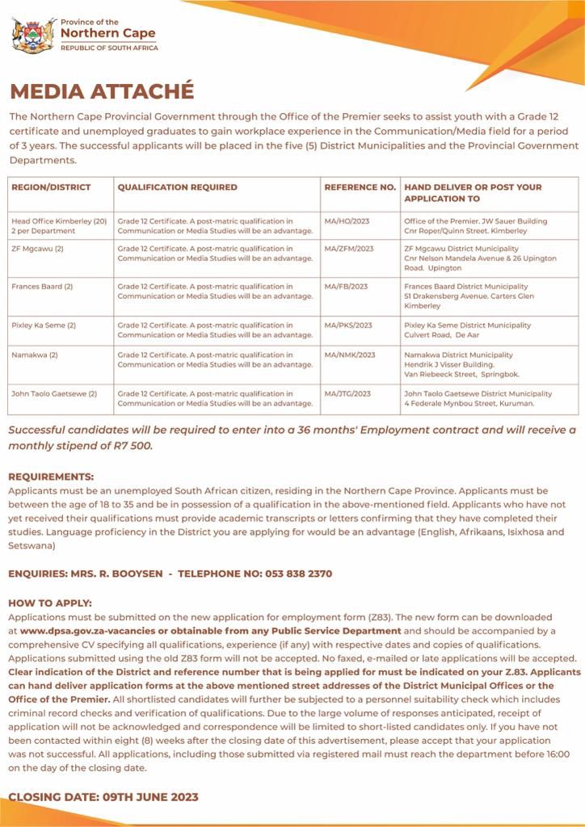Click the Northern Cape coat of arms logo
pos(34,35)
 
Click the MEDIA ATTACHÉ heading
pos(102,90)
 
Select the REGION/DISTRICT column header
pos(51,187)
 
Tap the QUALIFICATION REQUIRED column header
pos(178,187)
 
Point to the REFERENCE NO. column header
pos(360,187)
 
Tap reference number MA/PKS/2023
pos(348,325)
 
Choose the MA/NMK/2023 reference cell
pos(349,355)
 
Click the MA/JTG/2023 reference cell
pos(347,393)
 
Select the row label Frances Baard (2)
pos(42,287)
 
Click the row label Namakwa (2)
pos(35,355)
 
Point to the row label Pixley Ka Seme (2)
pos(44,325)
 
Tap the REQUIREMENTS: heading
pos(51,477)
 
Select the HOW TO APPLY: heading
pos(50,603)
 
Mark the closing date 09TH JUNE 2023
pos(151,797)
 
